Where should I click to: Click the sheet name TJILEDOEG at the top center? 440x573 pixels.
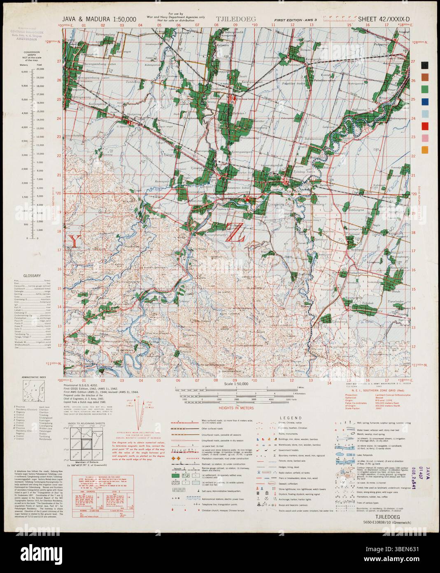pos(236,19)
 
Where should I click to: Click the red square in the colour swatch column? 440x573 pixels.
pos(425,126)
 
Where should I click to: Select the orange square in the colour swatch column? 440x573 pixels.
pos(425,150)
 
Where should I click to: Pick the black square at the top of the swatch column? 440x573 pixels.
pos(425,65)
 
